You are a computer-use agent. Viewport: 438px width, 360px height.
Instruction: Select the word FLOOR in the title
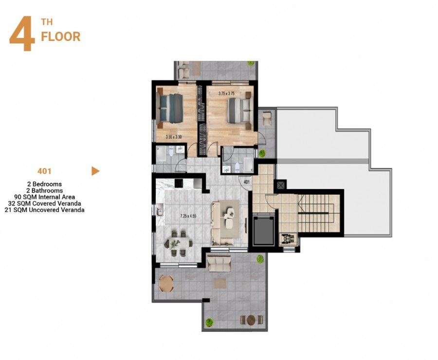[x=61, y=37]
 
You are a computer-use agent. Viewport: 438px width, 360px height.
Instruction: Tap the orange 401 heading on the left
[x=44, y=171]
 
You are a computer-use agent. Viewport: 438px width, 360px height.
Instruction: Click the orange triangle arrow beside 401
[x=95, y=171]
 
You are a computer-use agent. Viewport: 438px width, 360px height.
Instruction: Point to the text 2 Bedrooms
[x=44, y=184]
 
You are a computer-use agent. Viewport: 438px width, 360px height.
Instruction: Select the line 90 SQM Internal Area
[x=44, y=197]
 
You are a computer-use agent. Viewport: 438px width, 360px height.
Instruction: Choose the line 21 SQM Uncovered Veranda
[x=44, y=210]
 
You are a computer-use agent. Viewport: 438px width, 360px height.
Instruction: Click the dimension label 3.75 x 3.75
[x=226, y=94]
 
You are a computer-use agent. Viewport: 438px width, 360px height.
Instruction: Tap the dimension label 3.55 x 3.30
[x=173, y=137]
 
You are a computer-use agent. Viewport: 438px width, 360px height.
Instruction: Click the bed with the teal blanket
[x=171, y=107]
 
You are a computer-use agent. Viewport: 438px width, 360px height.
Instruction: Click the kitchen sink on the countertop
[x=159, y=211]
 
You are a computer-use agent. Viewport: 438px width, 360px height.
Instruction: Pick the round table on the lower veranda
[x=251, y=320]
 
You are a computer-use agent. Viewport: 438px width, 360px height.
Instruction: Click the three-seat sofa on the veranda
[x=219, y=264]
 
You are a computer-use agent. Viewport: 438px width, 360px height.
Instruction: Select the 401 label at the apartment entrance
[x=246, y=183]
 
